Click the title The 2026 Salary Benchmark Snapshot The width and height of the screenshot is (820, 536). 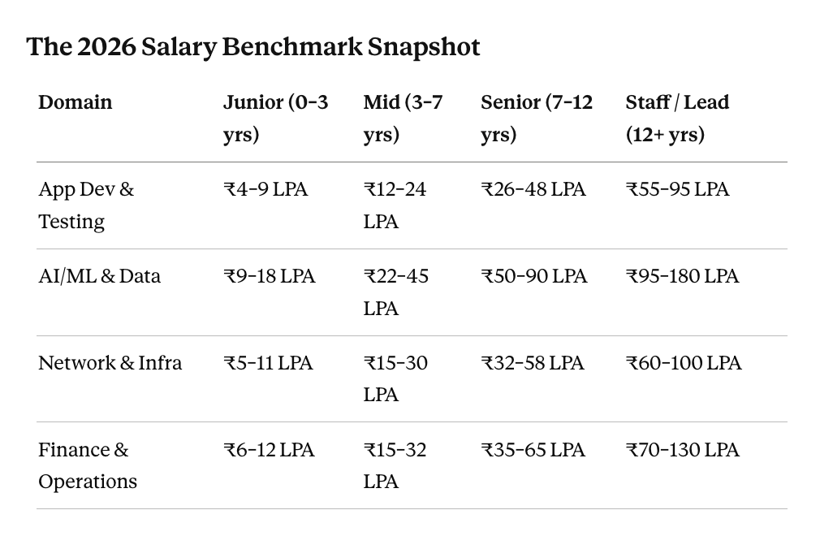tap(253, 47)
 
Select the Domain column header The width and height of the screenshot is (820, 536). tap(76, 102)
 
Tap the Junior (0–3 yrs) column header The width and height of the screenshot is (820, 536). tap(275, 119)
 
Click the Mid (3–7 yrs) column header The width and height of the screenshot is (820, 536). tap(403, 119)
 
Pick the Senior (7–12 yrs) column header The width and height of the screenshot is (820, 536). tap(537, 119)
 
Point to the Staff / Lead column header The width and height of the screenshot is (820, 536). tap(677, 119)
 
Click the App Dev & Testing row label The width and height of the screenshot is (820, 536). tap(86, 205)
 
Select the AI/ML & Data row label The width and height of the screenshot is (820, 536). tap(99, 276)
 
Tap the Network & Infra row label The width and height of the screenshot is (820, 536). tap(110, 363)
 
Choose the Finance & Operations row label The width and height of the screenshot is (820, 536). tap(88, 465)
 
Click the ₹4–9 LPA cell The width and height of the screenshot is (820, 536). tap(265, 189)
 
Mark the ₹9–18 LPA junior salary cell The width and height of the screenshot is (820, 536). tap(270, 276)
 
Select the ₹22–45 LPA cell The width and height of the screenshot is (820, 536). tap(396, 292)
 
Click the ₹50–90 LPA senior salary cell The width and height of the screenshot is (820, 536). tap(534, 276)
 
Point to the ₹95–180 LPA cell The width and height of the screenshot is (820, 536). tap(683, 276)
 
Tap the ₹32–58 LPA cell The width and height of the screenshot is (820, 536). tap(533, 363)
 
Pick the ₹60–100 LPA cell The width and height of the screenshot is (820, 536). tap(684, 363)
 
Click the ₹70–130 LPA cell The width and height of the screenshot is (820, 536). tap(683, 450)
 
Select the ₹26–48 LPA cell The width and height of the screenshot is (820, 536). tap(533, 189)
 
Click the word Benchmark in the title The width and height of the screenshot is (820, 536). tap(291, 46)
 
